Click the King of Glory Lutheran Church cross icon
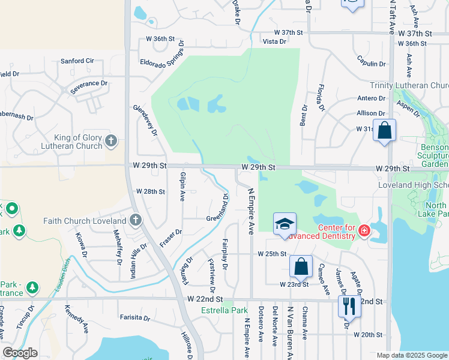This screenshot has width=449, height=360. (x=110, y=141)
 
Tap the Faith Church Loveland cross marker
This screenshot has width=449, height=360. (x=136, y=220)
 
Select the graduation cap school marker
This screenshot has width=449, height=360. (x=285, y=224)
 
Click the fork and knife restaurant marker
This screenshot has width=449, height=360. (x=349, y=306)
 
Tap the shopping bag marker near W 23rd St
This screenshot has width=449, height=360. (x=300, y=267)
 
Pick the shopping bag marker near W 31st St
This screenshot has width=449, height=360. (x=384, y=130)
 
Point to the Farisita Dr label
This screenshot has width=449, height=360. (x=134, y=317)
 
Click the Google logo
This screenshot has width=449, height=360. (x=20, y=353)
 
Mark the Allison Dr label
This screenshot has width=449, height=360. (x=370, y=113)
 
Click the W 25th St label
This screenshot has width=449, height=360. (x=272, y=254)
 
